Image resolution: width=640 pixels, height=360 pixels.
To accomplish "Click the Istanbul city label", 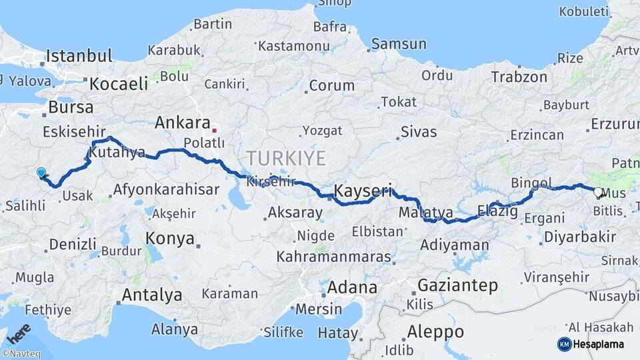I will coord(79,55).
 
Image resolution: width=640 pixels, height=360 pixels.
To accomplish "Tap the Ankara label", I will coord(183,123).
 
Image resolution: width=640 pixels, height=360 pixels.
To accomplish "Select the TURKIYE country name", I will coord(286,159).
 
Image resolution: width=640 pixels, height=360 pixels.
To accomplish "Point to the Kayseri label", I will coord(363,191).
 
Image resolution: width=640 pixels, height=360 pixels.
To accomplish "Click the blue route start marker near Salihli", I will coord(42,173).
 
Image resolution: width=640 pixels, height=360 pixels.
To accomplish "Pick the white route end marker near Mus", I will coord(598,193).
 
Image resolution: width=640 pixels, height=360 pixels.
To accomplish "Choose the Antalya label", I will coord(152,295).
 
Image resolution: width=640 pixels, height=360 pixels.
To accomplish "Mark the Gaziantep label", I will coord(457,286).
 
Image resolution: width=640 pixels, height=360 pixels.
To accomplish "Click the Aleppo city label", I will coord(435,331).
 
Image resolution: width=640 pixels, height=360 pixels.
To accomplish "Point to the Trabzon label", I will coord(519,77).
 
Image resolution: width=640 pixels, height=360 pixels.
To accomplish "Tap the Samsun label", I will coord(399,44).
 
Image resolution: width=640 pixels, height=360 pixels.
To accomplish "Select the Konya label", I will coord(170,239).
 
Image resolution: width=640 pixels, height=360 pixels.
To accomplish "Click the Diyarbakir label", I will coord(579,237).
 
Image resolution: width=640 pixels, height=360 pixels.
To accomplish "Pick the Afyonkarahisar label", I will coord(166,189).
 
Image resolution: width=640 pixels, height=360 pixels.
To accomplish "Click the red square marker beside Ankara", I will coord(214,131).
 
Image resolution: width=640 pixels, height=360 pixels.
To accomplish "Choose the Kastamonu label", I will coord(294,46).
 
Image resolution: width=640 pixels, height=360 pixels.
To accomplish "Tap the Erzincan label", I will coord(537,135).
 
